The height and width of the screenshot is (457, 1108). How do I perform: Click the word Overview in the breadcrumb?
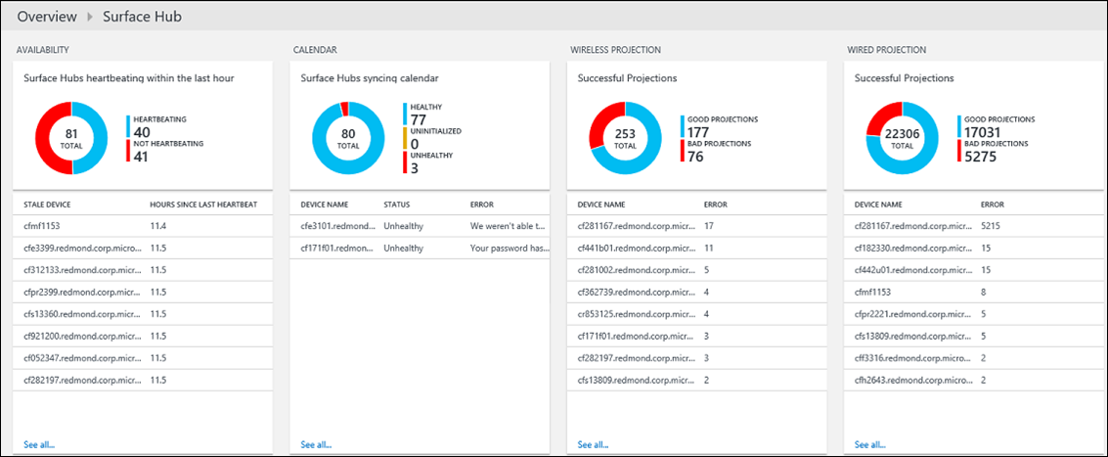pos(48,17)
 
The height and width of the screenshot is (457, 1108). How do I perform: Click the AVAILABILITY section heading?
pos(42,49)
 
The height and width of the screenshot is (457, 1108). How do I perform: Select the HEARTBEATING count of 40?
pos(142,132)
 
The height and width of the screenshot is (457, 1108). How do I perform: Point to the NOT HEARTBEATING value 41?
pos(141,157)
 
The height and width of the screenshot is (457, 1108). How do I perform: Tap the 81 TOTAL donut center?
pos(71,138)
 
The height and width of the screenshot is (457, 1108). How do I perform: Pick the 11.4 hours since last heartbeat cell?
pos(157,225)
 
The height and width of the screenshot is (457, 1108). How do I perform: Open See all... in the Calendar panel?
pos(316,444)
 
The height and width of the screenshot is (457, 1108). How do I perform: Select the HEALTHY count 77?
pos(419,120)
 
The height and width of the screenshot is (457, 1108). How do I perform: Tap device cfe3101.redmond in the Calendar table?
pos(334,225)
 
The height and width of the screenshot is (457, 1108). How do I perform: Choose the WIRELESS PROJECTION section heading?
pos(615,49)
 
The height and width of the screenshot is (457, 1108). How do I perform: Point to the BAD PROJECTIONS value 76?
pos(695,157)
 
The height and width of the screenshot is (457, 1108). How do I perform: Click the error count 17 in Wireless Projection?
pos(709,225)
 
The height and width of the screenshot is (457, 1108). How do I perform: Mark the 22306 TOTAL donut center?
pos(902,138)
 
